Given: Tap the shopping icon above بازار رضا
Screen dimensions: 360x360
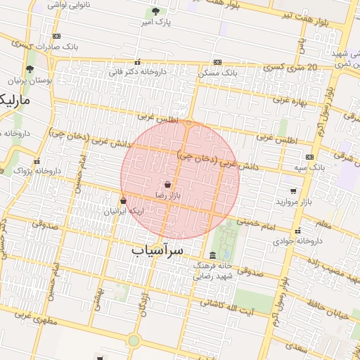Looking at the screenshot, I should [167, 185].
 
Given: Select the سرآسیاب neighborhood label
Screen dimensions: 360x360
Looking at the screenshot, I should [157, 250].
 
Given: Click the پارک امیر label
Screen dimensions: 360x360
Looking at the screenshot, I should [155, 22].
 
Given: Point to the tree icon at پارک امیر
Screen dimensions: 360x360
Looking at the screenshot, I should [155, 11].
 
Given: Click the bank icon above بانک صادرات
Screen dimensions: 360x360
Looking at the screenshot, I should [56, 36].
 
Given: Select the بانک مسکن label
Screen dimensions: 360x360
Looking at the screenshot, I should [219, 72].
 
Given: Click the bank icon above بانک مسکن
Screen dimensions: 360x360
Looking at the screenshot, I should [218, 62].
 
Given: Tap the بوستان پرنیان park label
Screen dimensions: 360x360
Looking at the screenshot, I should [29, 80].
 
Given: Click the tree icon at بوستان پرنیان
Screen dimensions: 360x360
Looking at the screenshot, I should [30, 69].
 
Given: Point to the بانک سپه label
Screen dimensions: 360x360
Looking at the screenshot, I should [310, 167].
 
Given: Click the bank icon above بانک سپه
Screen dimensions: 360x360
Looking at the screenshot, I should [310, 157].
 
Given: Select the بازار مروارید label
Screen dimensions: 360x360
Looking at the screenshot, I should [293, 202].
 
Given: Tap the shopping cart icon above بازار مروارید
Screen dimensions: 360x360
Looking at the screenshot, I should [293, 191].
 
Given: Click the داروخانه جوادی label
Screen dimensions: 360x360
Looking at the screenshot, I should [298, 240].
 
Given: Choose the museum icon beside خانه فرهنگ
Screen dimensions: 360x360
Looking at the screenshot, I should [213, 255].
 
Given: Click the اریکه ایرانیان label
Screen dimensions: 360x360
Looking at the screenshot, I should [123, 211].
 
